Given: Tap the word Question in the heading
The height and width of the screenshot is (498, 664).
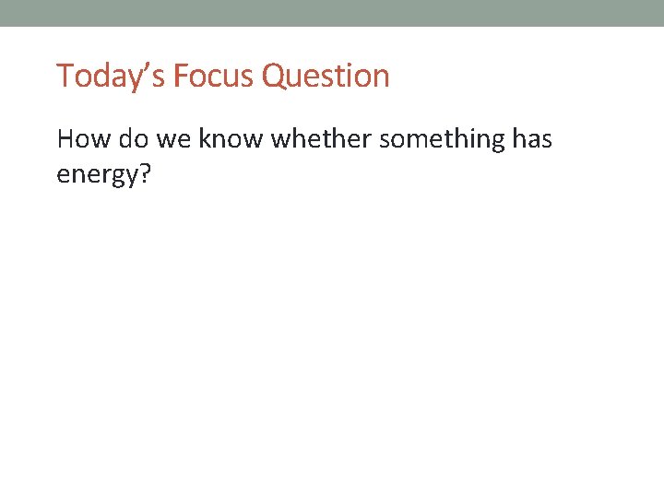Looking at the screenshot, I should pos(326,76).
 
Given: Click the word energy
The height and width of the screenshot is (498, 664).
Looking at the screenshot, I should pos(94,175).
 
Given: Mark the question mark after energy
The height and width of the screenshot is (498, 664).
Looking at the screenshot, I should pos(143,172).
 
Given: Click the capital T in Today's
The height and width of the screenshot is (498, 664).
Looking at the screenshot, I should pos(64,76).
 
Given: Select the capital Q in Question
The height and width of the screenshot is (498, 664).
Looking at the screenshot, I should pos(274,76).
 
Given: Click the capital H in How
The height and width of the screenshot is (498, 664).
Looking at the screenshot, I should pos(65,139).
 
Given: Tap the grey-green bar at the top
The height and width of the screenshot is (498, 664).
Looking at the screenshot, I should pos(332,13).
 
